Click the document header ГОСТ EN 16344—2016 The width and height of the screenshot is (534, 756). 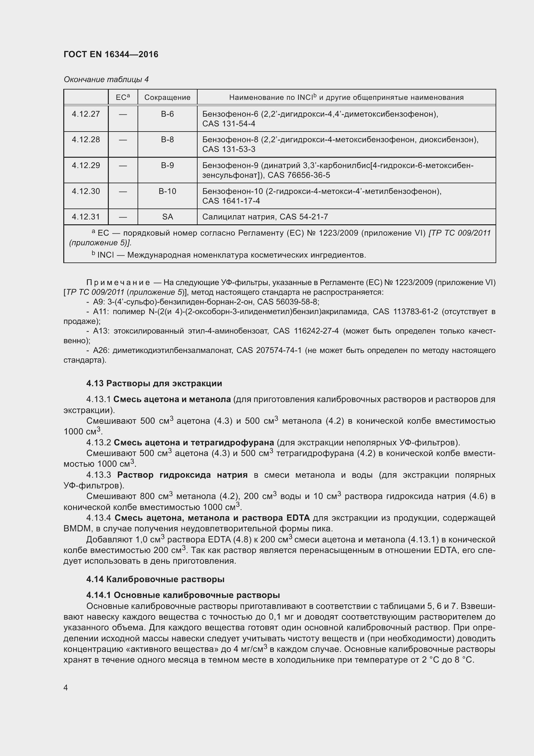click(111, 54)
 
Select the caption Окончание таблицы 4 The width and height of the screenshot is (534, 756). click(106, 80)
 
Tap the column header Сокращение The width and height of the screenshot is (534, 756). click(167, 98)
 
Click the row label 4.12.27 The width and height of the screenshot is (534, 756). click(86, 114)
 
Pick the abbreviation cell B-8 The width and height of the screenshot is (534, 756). click(167, 140)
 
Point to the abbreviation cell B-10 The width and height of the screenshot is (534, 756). click(167, 191)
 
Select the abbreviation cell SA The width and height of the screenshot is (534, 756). click(167, 217)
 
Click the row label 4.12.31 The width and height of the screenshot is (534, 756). click(86, 217)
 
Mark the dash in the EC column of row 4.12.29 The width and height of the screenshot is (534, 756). click(123, 165)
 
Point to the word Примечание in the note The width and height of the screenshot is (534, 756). click(118, 282)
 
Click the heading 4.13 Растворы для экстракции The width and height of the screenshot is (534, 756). click(154, 383)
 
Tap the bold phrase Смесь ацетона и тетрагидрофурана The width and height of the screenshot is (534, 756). click(194, 442)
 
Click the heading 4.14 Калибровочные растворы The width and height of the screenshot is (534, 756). click(155, 579)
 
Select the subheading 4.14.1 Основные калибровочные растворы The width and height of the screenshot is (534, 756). click(183, 595)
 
